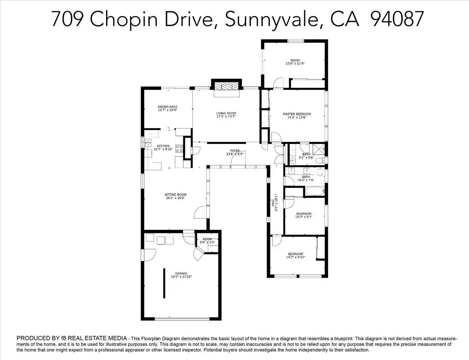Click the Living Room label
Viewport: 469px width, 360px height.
pyautogui.click(x=226, y=113)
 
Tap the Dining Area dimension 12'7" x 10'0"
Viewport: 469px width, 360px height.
pyautogui.click(x=167, y=110)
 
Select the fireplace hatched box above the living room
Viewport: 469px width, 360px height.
pyautogui.click(x=226, y=86)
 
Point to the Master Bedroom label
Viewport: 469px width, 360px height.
pyautogui.click(x=297, y=114)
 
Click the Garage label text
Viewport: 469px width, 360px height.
pyautogui.click(x=181, y=273)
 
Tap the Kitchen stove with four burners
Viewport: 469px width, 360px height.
pyautogui.click(x=179, y=148)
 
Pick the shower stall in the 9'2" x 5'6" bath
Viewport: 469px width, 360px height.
pyautogui.click(x=319, y=149)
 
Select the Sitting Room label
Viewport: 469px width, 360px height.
pyautogui.click(x=175, y=194)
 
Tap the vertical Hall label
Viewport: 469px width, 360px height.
pyautogui.click(x=273, y=203)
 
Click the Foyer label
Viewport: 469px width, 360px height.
pyautogui.click(x=235, y=151)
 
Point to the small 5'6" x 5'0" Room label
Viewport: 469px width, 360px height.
pyautogui.click(x=207, y=239)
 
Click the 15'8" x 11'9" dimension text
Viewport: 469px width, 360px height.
pyautogui.click(x=295, y=64)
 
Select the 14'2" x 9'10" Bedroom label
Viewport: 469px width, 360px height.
pyautogui.click(x=295, y=254)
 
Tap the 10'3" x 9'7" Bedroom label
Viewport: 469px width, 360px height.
pyautogui.click(x=304, y=214)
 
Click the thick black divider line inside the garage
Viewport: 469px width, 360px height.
pyautogui.click(x=164, y=283)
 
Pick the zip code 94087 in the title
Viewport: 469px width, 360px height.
pyautogui.click(x=397, y=19)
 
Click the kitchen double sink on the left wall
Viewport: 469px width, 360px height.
pyautogui.click(x=148, y=143)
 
